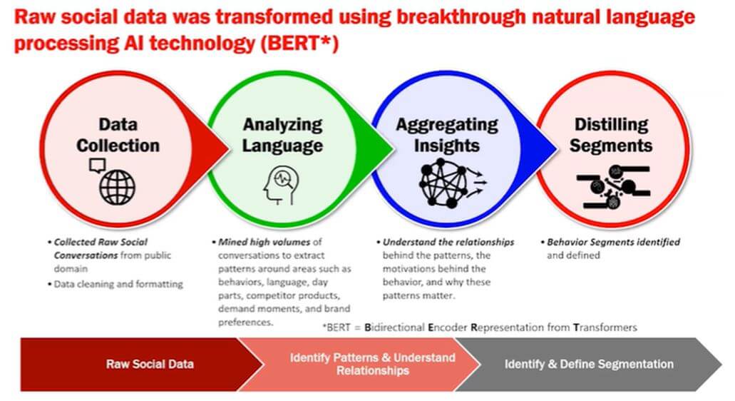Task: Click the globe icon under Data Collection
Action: (117, 187)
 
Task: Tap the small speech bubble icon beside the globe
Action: (97, 166)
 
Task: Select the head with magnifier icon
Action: (281, 185)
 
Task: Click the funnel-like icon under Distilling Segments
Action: (613, 187)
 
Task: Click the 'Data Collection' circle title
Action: (118, 135)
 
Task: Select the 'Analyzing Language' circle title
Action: (282, 135)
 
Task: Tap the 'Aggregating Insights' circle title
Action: (447, 135)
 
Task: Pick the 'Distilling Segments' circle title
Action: (611, 135)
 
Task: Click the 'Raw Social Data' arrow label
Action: (150, 364)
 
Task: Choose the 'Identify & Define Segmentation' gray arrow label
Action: (589, 364)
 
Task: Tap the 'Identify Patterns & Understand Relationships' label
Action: (373, 364)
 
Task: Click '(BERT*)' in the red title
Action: (299, 43)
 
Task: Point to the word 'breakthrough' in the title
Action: (461, 18)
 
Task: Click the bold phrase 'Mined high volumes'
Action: (264, 242)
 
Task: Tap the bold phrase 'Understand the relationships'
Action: (448, 242)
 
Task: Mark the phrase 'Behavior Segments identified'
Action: (613, 242)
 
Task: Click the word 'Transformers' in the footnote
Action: (605, 328)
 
